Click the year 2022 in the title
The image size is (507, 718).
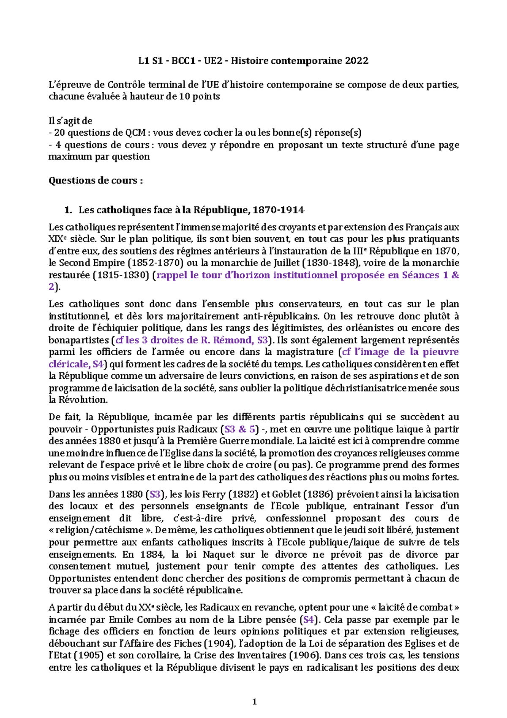pos(357,61)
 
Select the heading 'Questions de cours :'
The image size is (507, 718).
pos(95,181)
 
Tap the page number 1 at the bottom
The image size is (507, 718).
pos(254,702)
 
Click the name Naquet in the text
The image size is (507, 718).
pos(218,554)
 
